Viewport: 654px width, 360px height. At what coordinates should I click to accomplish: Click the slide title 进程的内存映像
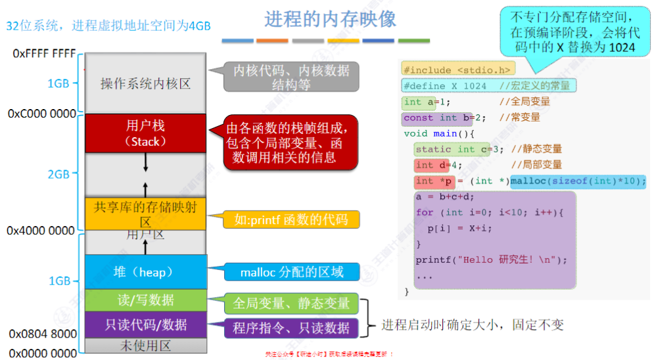331,19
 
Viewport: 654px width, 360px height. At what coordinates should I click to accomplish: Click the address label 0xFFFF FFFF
44,53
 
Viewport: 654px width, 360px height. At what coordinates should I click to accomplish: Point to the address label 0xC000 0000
42,114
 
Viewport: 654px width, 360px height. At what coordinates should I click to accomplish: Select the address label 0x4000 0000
41,231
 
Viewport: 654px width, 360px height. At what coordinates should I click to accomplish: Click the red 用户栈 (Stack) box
145,133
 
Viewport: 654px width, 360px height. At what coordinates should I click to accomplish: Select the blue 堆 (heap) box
145,271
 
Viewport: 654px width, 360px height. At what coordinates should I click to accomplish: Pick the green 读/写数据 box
145,300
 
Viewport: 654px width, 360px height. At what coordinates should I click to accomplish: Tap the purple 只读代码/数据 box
145,325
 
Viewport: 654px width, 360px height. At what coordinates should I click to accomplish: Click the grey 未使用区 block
145,345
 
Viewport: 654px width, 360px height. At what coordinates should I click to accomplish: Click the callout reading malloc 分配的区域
291,272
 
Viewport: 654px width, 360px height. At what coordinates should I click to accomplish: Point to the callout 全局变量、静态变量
291,304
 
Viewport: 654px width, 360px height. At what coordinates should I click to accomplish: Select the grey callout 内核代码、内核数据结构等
291,78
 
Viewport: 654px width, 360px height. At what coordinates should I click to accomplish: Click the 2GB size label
58,174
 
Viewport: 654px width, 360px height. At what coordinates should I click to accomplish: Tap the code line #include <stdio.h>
458,70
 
